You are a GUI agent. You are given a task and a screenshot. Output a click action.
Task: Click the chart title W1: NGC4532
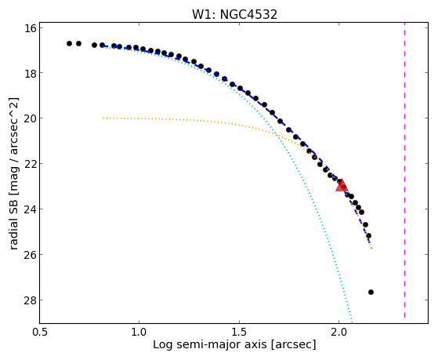(x=234, y=14)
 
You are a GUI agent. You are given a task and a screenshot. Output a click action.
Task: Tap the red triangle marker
(x=342, y=186)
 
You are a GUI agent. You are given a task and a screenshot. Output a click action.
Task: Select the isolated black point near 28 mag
(x=371, y=293)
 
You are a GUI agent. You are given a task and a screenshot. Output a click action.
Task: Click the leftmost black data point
(x=69, y=43)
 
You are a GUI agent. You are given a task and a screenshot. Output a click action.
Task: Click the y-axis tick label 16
(x=31, y=27)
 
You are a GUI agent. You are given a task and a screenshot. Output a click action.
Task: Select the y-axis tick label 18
(x=31, y=73)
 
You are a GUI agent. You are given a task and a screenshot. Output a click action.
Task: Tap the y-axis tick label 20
(x=31, y=118)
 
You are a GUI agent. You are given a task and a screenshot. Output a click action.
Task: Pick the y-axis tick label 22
(x=31, y=164)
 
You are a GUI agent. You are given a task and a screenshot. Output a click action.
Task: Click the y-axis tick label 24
(x=31, y=209)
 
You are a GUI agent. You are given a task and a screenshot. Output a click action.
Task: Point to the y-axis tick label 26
(x=31, y=255)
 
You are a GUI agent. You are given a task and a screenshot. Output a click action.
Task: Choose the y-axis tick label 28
(x=31, y=300)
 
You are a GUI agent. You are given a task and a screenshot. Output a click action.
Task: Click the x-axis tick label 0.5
(x=39, y=333)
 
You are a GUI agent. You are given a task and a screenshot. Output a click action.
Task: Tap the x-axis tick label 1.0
(x=139, y=333)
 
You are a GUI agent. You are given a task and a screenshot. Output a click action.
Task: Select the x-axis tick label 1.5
(x=240, y=333)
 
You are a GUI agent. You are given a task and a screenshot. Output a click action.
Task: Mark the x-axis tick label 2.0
(x=338, y=333)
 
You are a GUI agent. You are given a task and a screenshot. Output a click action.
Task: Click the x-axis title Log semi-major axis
(x=210, y=345)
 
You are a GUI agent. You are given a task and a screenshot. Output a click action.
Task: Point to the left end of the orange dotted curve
(x=103, y=118)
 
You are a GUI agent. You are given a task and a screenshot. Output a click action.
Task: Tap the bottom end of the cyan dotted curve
(x=352, y=322)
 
